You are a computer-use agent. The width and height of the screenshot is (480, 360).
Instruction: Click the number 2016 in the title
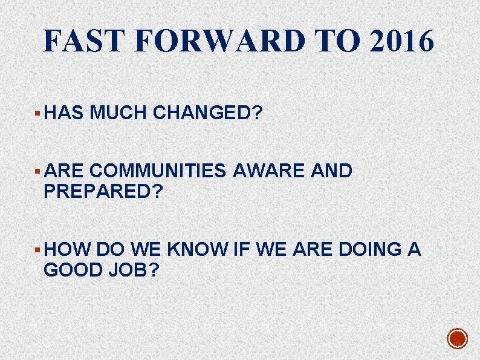coord(401,41)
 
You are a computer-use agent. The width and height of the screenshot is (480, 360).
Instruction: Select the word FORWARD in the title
coord(219,41)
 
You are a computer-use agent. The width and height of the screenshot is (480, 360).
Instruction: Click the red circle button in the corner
coord(458,339)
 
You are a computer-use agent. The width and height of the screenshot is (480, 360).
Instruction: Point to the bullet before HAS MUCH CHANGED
coord(37,113)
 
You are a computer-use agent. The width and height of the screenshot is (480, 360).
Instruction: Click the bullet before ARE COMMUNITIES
coord(37,171)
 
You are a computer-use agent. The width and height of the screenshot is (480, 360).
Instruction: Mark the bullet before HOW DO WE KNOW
coord(37,250)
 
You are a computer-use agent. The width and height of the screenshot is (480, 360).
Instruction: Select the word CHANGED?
coord(207,112)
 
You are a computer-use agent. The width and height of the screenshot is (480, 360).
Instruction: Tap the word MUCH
coord(118,112)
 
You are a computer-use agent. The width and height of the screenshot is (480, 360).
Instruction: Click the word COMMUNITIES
coord(158,171)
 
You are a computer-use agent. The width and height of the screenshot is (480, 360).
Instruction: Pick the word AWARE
coord(268,171)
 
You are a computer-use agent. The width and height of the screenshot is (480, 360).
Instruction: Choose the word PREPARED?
coord(103,191)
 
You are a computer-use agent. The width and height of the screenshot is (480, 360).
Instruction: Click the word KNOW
coord(198,249)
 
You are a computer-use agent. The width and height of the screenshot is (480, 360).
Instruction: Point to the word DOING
coord(370,249)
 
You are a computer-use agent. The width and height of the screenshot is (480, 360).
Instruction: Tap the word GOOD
coord(73,270)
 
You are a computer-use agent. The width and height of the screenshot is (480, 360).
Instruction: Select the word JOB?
coord(134,270)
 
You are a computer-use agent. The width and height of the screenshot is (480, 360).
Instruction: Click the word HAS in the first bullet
coord(63,112)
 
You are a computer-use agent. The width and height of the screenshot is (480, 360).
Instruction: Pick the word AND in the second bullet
coord(331,171)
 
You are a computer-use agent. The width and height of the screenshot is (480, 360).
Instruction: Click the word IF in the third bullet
coord(242,249)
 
